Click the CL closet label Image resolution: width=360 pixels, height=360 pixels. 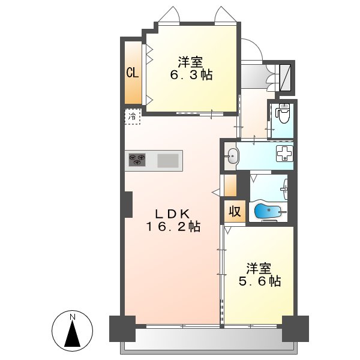click(x=133, y=73)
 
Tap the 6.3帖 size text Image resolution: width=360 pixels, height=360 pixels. click(x=191, y=74)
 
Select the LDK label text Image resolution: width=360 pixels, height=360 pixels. click(x=172, y=214)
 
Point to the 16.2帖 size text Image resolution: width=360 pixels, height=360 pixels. click(x=173, y=227)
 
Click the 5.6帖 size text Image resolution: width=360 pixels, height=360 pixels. click(x=260, y=281)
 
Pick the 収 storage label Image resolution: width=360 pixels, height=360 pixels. click(x=235, y=211)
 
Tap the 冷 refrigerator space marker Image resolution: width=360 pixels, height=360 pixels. click(x=132, y=116)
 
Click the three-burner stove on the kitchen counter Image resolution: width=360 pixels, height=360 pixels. click(x=137, y=160)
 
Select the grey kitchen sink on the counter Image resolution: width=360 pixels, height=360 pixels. click(x=168, y=160)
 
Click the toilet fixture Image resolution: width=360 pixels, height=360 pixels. click(x=283, y=113)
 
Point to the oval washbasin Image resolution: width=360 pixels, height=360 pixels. click(x=232, y=156)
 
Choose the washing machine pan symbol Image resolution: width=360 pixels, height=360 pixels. click(x=284, y=154)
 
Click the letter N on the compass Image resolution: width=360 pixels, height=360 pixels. click(x=73, y=317)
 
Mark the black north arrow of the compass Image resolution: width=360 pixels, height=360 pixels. click(x=73, y=333)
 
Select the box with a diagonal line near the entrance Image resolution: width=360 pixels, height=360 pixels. click(x=286, y=77)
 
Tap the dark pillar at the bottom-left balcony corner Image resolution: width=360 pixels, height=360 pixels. click(x=122, y=329)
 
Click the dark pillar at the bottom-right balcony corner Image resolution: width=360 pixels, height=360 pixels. click(x=295, y=329)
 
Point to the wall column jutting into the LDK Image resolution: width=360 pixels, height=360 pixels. click(x=128, y=205)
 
